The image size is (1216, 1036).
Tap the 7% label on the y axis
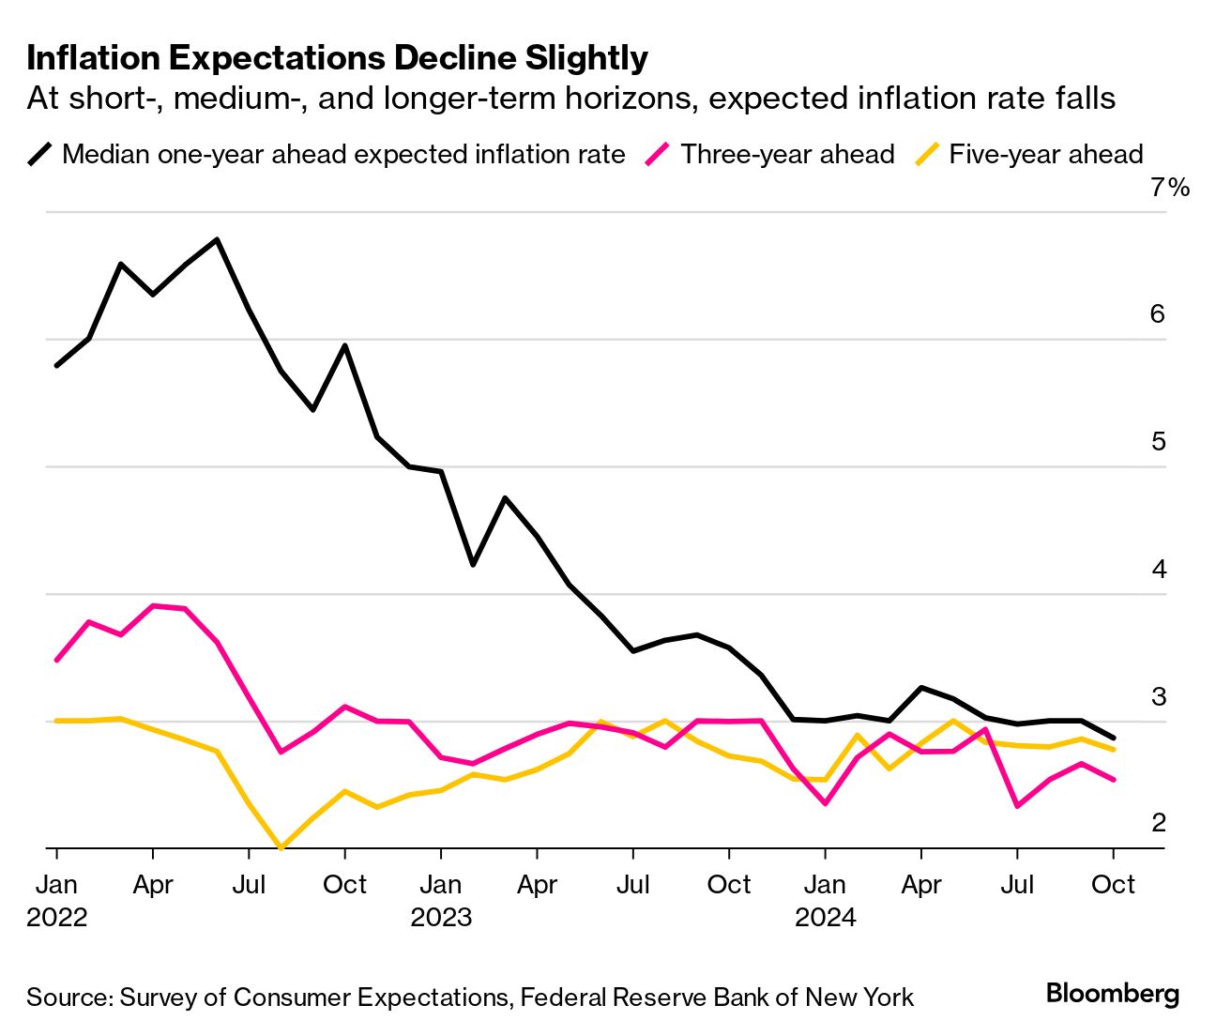(1169, 188)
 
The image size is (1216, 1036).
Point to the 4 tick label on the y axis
(1159, 569)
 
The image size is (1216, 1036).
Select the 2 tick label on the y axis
(1159, 822)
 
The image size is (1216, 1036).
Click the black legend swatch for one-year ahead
(40, 154)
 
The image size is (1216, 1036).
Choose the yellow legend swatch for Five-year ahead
(927, 154)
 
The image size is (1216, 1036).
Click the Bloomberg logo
(1113, 994)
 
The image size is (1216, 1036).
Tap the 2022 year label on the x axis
(57, 917)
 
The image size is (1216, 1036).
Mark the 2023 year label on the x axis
(441, 917)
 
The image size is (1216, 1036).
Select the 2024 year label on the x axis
(826, 917)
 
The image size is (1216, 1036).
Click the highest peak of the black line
(217, 239)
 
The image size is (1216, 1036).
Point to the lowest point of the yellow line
(281, 847)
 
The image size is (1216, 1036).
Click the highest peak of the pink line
(153, 606)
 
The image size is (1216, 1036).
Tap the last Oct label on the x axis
(1114, 885)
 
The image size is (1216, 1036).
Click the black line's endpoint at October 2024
(1114, 738)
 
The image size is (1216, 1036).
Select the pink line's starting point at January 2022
(57, 661)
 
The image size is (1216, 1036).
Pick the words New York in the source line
(859, 997)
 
